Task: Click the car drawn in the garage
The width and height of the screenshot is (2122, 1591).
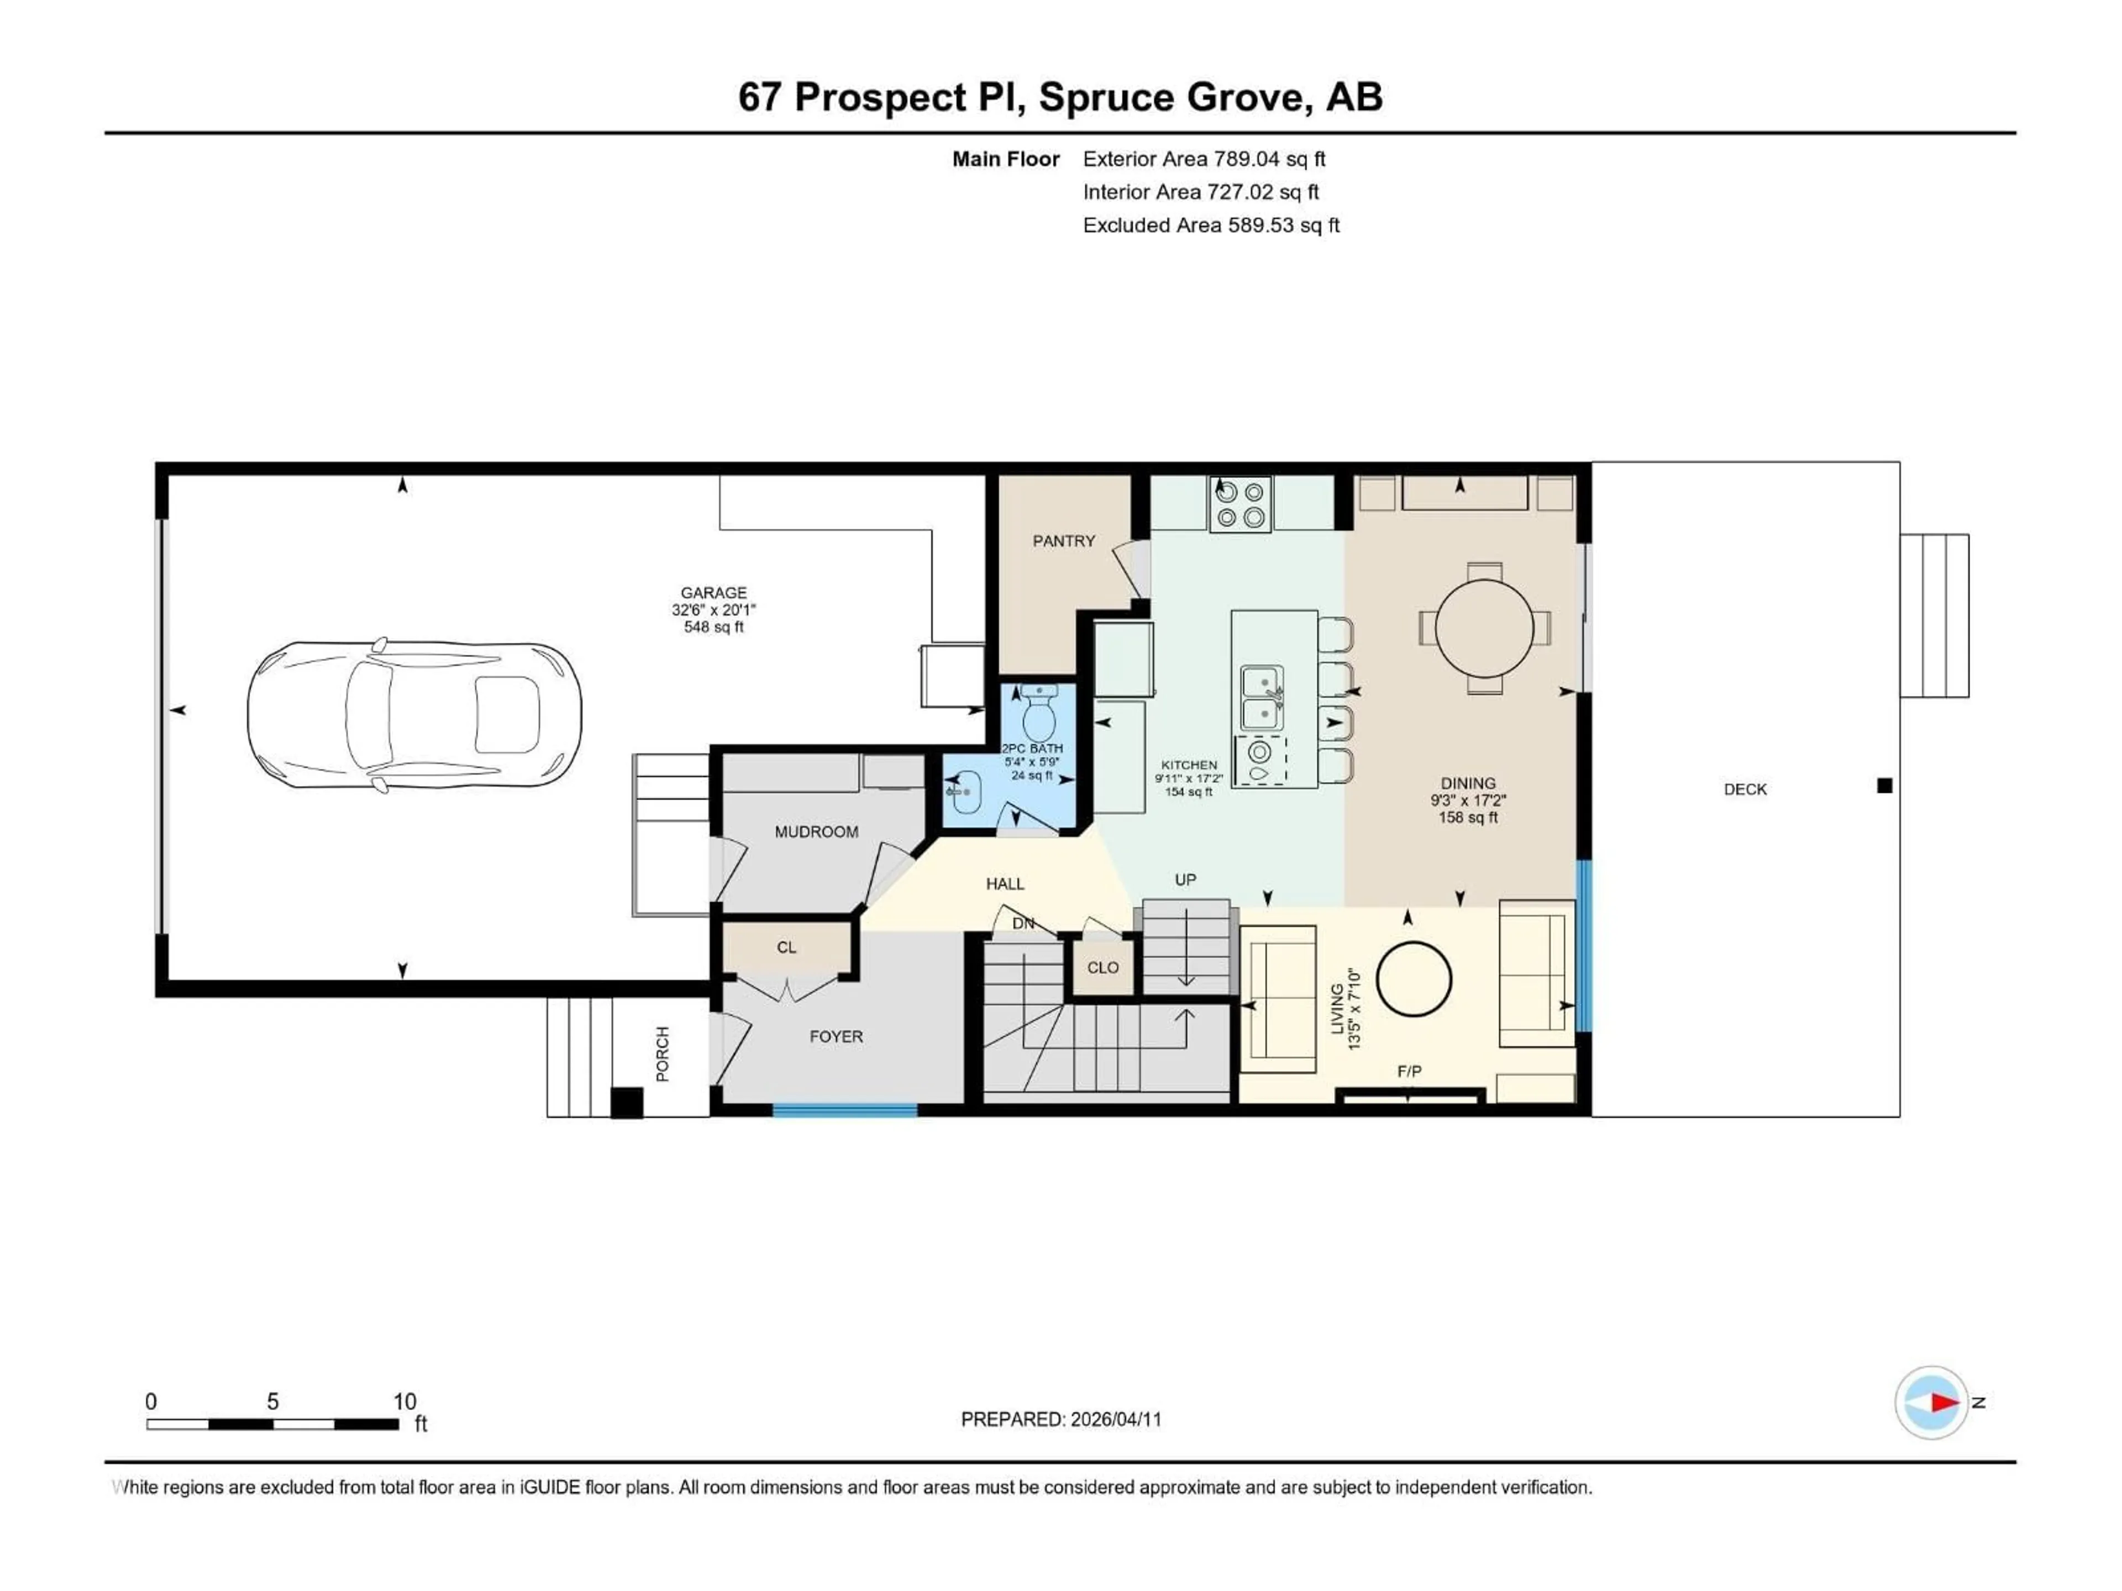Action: (414, 715)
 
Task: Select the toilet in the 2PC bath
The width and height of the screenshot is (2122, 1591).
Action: (1039, 714)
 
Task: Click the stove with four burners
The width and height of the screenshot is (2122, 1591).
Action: (1239, 504)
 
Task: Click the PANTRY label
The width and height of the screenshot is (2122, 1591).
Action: (1063, 541)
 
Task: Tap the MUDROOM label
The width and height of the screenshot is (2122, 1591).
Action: (816, 831)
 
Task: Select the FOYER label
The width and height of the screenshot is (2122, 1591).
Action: (836, 1037)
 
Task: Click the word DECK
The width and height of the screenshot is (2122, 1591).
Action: (1745, 789)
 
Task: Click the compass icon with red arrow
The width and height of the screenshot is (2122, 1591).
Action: (1931, 1402)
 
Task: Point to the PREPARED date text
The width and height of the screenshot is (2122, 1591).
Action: (1061, 1419)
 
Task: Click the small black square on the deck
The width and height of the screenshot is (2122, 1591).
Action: (1884, 786)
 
